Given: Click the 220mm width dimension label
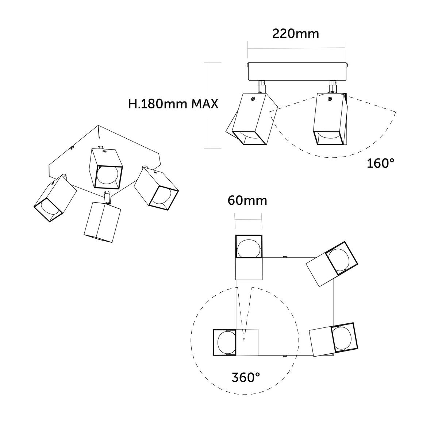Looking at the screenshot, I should tap(296, 34).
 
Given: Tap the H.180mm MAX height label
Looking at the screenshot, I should tap(173, 104).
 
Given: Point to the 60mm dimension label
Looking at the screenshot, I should tap(247, 200).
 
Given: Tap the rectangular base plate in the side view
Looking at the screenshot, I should tap(296, 72).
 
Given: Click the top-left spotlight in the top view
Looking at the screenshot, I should tap(249, 257).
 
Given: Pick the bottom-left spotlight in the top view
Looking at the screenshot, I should tap(235, 342).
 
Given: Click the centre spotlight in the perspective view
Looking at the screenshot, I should tap(106, 169).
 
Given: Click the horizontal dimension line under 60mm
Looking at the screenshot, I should tap(249, 219).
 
